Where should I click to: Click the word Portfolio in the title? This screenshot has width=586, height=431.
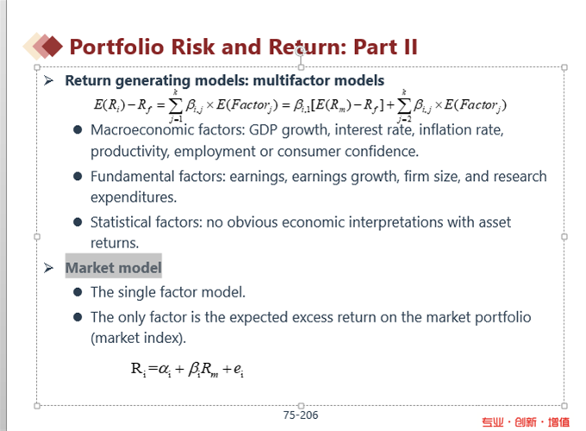click(117, 47)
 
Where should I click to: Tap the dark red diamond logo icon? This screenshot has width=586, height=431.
click(52, 46)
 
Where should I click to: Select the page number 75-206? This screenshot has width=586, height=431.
click(301, 415)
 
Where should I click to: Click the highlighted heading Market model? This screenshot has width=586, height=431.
click(113, 267)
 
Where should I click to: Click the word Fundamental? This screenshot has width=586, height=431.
click(133, 176)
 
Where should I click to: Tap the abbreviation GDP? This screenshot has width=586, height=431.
click(263, 130)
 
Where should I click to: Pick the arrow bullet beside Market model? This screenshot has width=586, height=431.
click(48, 267)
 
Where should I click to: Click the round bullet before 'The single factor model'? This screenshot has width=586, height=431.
click(78, 292)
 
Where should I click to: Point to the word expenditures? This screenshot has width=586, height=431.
click(134, 197)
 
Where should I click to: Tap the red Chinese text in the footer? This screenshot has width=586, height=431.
click(526, 422)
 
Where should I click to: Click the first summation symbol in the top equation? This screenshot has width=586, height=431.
click(175, 106)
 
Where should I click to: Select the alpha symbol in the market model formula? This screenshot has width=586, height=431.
click(164, 369)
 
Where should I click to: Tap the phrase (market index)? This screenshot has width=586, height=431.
click(138, 338)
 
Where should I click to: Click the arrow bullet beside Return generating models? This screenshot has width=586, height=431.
click(48, 80)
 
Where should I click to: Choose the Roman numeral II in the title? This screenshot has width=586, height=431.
click(410, 47)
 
